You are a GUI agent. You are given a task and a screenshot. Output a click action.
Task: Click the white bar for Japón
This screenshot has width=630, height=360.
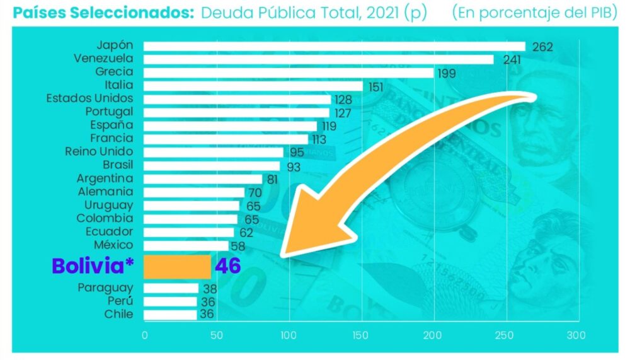tap(334, 46)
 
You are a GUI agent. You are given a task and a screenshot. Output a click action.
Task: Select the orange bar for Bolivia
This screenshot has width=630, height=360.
tap(177, 267)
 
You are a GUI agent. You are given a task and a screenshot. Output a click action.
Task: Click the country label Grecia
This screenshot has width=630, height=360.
tap(114, 72)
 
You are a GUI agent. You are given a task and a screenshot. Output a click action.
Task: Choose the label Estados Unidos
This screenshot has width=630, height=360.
tap(89, 98)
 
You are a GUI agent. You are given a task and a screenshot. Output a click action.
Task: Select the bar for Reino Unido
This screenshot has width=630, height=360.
tap(214, 152)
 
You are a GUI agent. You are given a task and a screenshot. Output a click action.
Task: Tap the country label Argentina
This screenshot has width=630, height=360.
tap(105, 178)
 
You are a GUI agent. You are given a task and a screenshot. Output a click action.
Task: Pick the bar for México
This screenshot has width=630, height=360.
tap(186, 245)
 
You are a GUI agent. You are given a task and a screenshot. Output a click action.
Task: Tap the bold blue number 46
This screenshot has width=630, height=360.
tap(227, 266)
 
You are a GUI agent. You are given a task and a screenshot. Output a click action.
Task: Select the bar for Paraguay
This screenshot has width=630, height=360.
tap(171, 288)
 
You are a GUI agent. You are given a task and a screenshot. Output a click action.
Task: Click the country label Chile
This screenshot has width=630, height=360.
tap(118, 314)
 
